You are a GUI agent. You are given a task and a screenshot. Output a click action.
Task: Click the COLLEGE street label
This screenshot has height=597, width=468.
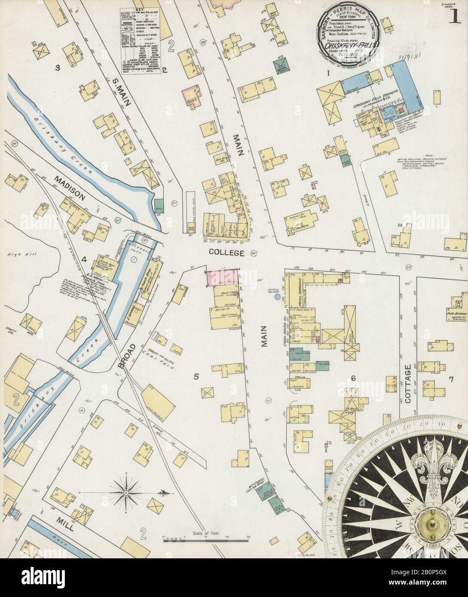227,253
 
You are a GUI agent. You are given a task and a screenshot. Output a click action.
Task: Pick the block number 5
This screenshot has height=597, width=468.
196,377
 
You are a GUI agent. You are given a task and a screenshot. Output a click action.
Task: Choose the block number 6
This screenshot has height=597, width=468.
353,378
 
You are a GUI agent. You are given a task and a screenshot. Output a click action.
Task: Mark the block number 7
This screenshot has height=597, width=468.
451,379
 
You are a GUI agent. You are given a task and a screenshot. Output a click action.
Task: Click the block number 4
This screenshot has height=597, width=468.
84,259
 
